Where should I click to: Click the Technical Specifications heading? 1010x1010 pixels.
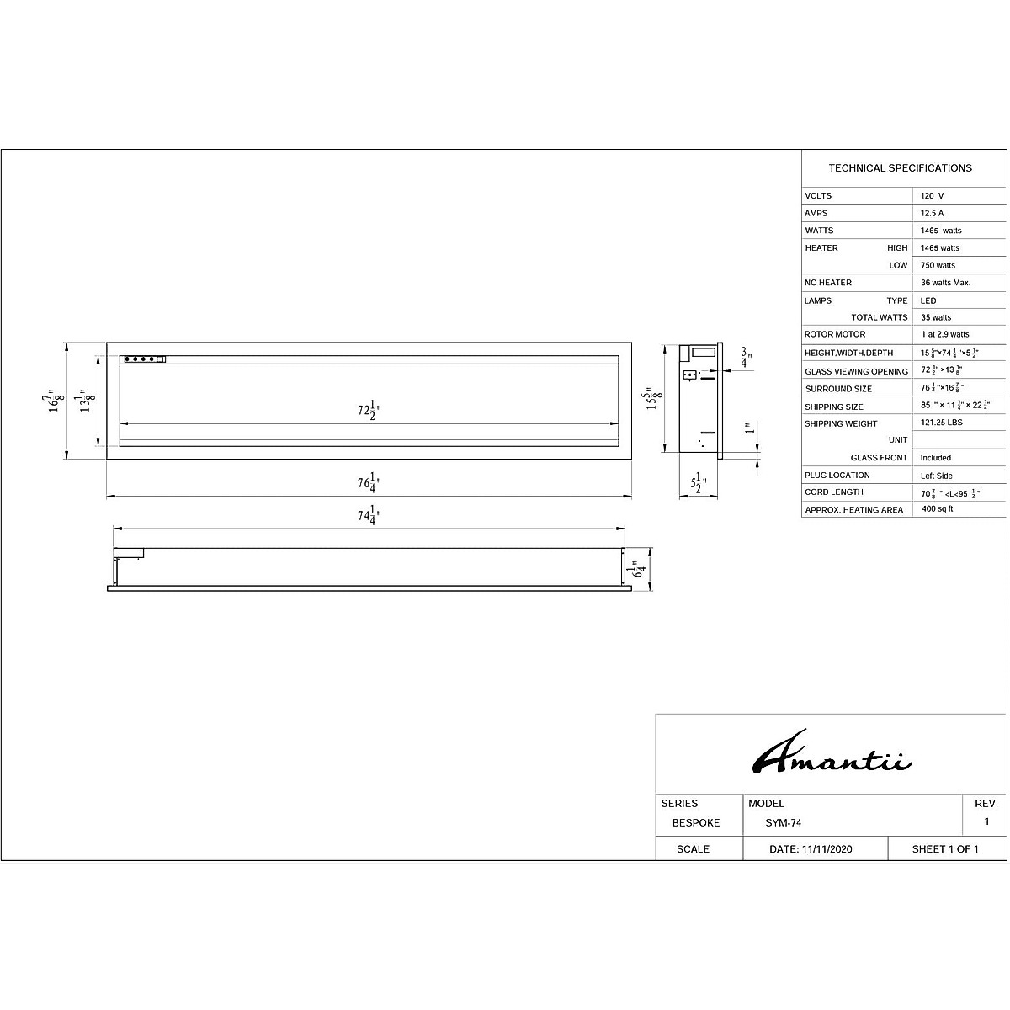tap(900, 168)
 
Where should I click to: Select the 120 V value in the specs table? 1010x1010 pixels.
tap(932, 195)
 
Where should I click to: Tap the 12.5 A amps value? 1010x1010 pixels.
tap(932, 213)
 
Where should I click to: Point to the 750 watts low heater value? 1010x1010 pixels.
tap(938, 265)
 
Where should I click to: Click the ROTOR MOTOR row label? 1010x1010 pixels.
tap(835, 334)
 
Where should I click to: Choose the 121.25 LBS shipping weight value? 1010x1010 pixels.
tap(942, 423)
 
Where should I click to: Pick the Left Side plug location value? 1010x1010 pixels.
tap(937, 476)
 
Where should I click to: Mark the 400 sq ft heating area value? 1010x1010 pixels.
tap(938, 509)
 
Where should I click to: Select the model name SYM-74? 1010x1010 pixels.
tap(778, 823)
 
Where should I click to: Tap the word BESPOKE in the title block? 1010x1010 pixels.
tap(696, 823)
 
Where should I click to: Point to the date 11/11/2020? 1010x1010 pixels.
tap(811, 849)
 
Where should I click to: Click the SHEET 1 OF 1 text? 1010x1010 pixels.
tap(945, 849)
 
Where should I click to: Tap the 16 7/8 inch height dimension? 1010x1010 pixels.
tap(54, 401)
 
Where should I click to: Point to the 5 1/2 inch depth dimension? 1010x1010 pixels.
tap(699, 484)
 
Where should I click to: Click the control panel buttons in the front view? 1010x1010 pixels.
tap(144, 359)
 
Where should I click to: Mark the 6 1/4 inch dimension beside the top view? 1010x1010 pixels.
tap(641, 570)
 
